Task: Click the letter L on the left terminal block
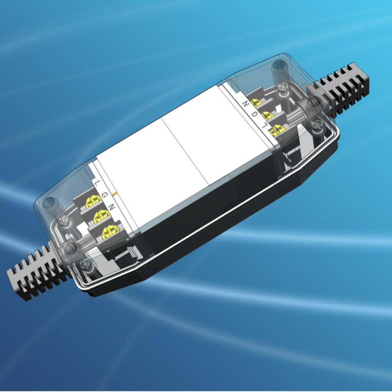point(98,183)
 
